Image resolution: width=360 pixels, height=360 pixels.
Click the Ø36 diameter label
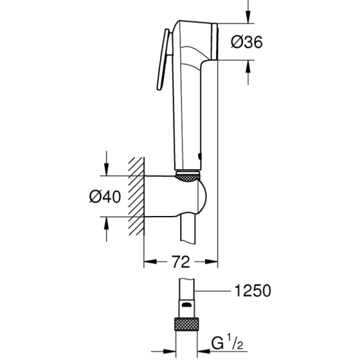(247, 42)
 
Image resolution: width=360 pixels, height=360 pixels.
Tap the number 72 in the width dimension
(181, 262)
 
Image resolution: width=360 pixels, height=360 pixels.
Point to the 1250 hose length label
(252, 291)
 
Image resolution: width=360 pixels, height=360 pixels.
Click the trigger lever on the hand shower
(163, 60)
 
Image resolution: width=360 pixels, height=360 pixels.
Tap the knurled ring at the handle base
(188, 176)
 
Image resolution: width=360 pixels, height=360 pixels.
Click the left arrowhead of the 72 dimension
(149, 262)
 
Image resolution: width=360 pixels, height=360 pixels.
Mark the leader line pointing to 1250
(213, 292)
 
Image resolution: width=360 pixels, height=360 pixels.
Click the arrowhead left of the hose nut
(170, 352)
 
